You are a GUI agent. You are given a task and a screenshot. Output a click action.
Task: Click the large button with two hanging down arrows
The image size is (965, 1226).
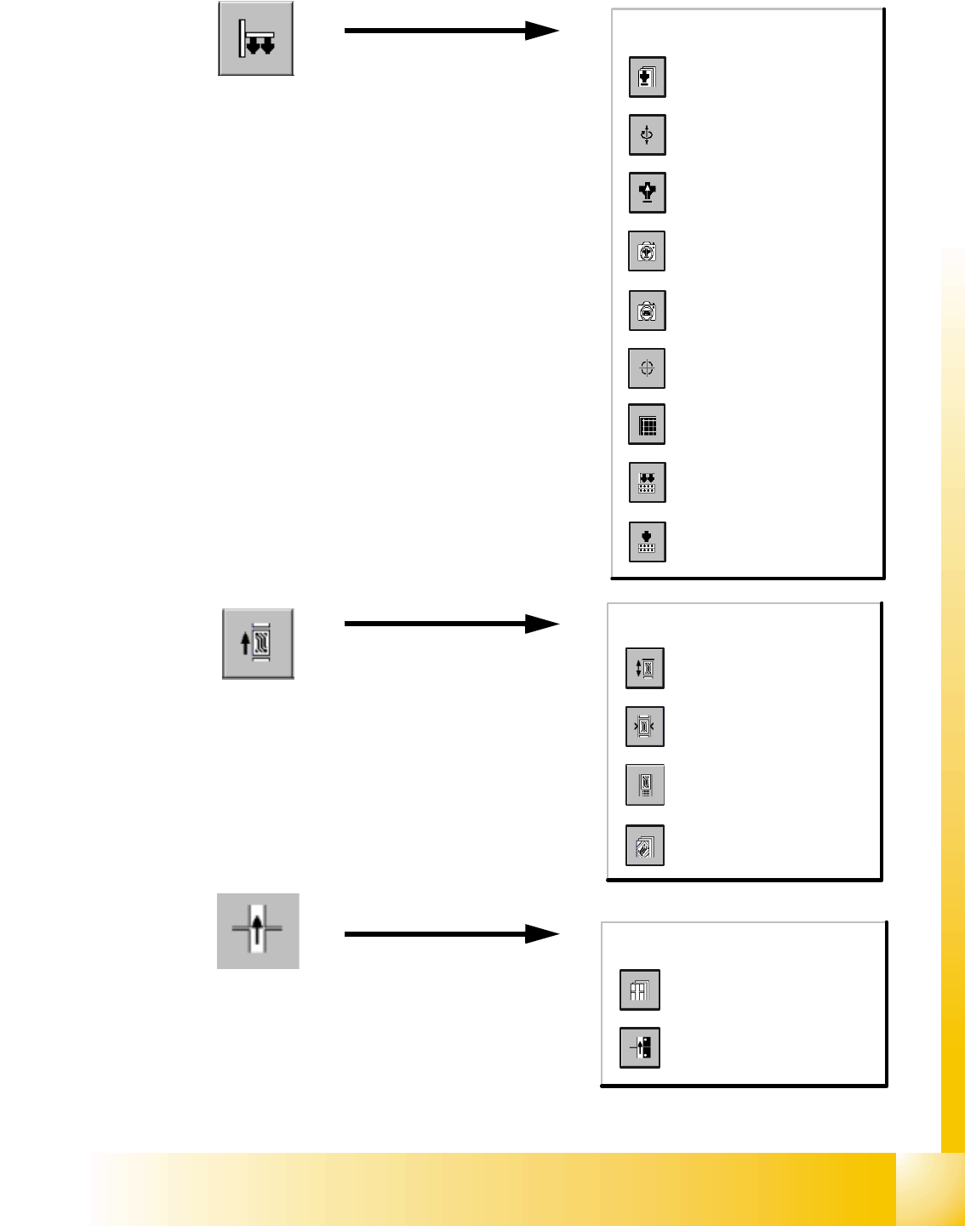256,39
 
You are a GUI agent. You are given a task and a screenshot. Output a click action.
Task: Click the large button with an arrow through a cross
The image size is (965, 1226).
258,931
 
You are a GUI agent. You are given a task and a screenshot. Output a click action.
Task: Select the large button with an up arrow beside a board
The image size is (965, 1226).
258,643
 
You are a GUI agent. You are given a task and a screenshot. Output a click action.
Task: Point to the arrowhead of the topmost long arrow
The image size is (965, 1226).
542,31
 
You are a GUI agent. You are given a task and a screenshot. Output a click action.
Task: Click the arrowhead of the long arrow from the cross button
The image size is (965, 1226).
542,934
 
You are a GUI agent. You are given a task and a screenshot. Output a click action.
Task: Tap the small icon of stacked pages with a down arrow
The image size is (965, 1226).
647,77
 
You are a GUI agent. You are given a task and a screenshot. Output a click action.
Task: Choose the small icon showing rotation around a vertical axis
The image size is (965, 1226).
647,134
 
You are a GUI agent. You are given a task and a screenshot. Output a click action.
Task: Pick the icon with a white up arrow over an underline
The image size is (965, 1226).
647,192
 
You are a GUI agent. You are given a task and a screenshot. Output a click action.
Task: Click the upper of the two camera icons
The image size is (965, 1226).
647,251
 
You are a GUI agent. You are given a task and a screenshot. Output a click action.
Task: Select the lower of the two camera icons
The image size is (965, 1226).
647,311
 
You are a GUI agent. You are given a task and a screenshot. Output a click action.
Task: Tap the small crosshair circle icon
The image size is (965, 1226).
647,368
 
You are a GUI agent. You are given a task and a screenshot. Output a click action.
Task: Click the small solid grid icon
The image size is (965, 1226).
647,425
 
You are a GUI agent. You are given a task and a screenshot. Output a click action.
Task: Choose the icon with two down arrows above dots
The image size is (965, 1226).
647,482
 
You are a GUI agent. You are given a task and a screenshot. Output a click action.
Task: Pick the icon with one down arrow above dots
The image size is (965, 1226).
647,542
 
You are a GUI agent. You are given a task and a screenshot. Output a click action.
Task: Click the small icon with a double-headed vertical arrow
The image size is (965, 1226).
644,668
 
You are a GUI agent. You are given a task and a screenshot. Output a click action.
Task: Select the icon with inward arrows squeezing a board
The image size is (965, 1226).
644,727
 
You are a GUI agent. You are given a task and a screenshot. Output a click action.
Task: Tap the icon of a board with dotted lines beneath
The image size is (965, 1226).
644,784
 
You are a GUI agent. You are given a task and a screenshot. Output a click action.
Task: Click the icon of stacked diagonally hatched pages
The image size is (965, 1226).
644,846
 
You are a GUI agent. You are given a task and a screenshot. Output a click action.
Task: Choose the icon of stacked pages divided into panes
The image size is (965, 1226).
640,989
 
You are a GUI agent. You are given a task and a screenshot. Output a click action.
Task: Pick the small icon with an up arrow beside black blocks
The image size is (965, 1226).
640,1047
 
